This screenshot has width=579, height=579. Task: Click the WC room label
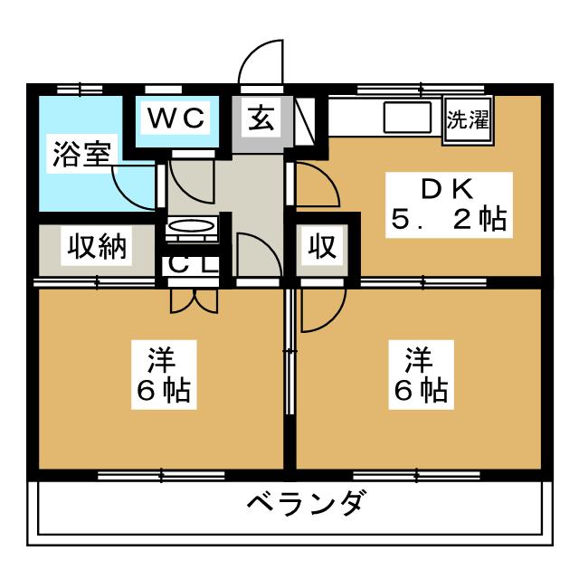pos(176,118)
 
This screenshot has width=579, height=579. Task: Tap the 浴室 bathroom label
pos(81,154)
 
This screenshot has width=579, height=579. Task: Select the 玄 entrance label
pos(261,119)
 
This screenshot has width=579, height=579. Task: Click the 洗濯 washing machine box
pos(468,119)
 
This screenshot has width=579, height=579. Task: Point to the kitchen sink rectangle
pos(407,117)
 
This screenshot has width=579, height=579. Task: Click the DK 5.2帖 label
pos(449,204)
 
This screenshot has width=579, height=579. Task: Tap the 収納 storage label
pos(97,246)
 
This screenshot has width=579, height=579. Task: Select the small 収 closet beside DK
pos(322,246)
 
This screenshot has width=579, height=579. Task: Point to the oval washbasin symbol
pos(191,225)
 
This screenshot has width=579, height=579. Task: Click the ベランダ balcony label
pos(307,504)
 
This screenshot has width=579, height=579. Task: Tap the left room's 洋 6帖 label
pos(164,375)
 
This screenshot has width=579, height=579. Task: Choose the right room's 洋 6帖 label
pos(421,375)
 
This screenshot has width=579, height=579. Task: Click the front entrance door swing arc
pos(261,62)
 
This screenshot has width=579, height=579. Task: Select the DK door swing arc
pos(318,184)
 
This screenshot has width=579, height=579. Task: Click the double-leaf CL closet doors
pos(194,301)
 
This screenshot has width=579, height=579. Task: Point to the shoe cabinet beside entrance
pos(305,120)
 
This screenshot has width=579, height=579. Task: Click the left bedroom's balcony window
pos(161,475)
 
